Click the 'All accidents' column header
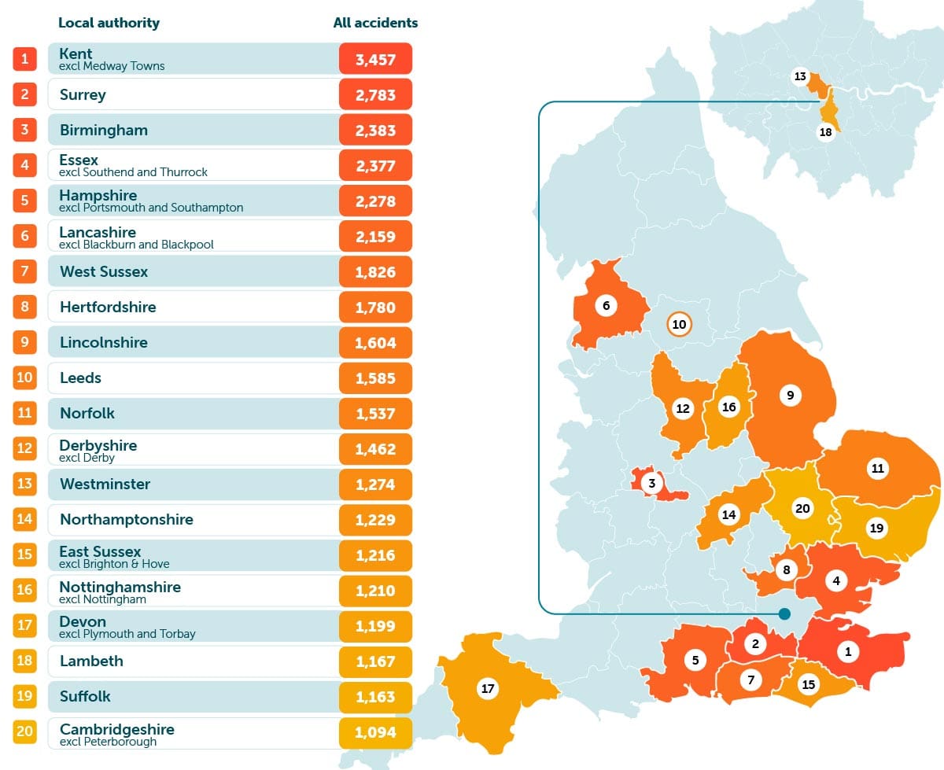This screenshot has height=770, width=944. [375, 23]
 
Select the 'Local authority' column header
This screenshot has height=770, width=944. [109, 23]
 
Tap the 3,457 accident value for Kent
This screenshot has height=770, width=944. [375, 59]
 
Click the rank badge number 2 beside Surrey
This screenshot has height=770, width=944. [25, 94]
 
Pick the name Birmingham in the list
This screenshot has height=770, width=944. [104, 130]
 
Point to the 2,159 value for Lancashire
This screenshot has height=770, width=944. [375, 236]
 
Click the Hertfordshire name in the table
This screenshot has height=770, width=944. [108, 307]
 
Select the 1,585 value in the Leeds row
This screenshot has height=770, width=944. [375, 378]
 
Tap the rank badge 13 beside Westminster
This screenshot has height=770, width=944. [25, 484]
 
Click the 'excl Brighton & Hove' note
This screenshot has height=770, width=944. [114, 564]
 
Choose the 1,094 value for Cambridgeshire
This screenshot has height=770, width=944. [375, 732]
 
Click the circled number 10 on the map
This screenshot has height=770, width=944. [678, 324]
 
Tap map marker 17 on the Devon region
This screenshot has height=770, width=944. [488, 689]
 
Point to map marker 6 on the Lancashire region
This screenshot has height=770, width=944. [606, 305]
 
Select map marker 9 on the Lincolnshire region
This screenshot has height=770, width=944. [791, 395]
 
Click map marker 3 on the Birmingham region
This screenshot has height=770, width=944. [651, 483]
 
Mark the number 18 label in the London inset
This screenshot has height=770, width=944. [825, 132]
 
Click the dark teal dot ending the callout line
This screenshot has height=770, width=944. [784, 613]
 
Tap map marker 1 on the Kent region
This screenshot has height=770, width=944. [847, 651]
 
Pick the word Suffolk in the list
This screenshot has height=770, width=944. [85, 696]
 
